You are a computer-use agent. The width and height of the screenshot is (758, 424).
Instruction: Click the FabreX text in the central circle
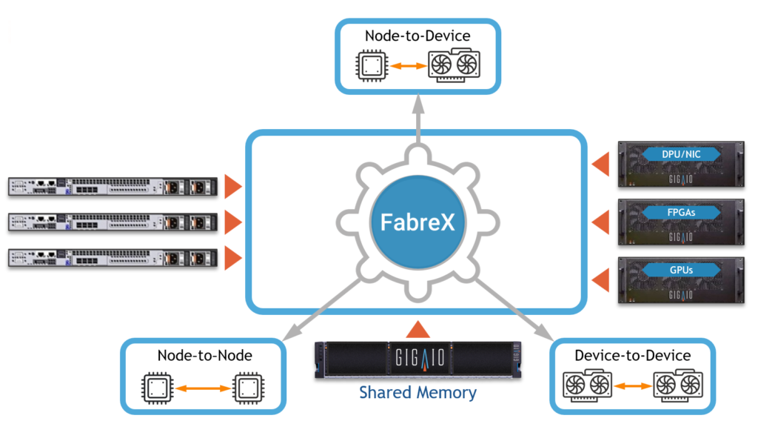click(417, 222)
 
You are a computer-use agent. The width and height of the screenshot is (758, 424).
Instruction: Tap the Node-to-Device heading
click(417, 36)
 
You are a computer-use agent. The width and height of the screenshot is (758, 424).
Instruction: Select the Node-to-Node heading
click(204, 356)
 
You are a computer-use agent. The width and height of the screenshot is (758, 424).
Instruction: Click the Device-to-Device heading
click(633, 356)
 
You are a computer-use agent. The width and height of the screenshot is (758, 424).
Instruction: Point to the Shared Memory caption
click(417, 392)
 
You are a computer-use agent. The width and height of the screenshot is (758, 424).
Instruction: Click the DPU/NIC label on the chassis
click(682, 154)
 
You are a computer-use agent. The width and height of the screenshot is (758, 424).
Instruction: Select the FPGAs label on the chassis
click(682, 212)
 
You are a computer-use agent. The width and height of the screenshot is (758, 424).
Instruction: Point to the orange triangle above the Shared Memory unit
click(417, 329)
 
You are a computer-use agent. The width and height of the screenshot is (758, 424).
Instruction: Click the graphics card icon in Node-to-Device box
click(454, 66)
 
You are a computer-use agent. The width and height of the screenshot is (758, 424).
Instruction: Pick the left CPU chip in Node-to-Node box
click(158, 387)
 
